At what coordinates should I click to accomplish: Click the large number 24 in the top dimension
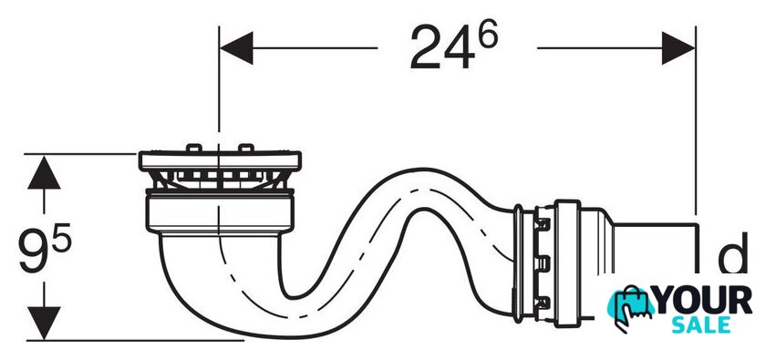[x=442, y=48]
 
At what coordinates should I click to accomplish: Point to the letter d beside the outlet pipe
[x=732, y=252]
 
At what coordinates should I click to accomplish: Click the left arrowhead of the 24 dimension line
[x=236, y=48]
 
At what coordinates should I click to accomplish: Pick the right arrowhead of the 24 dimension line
[x=678, y=48]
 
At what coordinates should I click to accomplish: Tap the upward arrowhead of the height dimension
[x=44, y=172]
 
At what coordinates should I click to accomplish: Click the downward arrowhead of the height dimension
[x=44, y=323]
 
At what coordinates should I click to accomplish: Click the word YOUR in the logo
[x=703, y=301]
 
